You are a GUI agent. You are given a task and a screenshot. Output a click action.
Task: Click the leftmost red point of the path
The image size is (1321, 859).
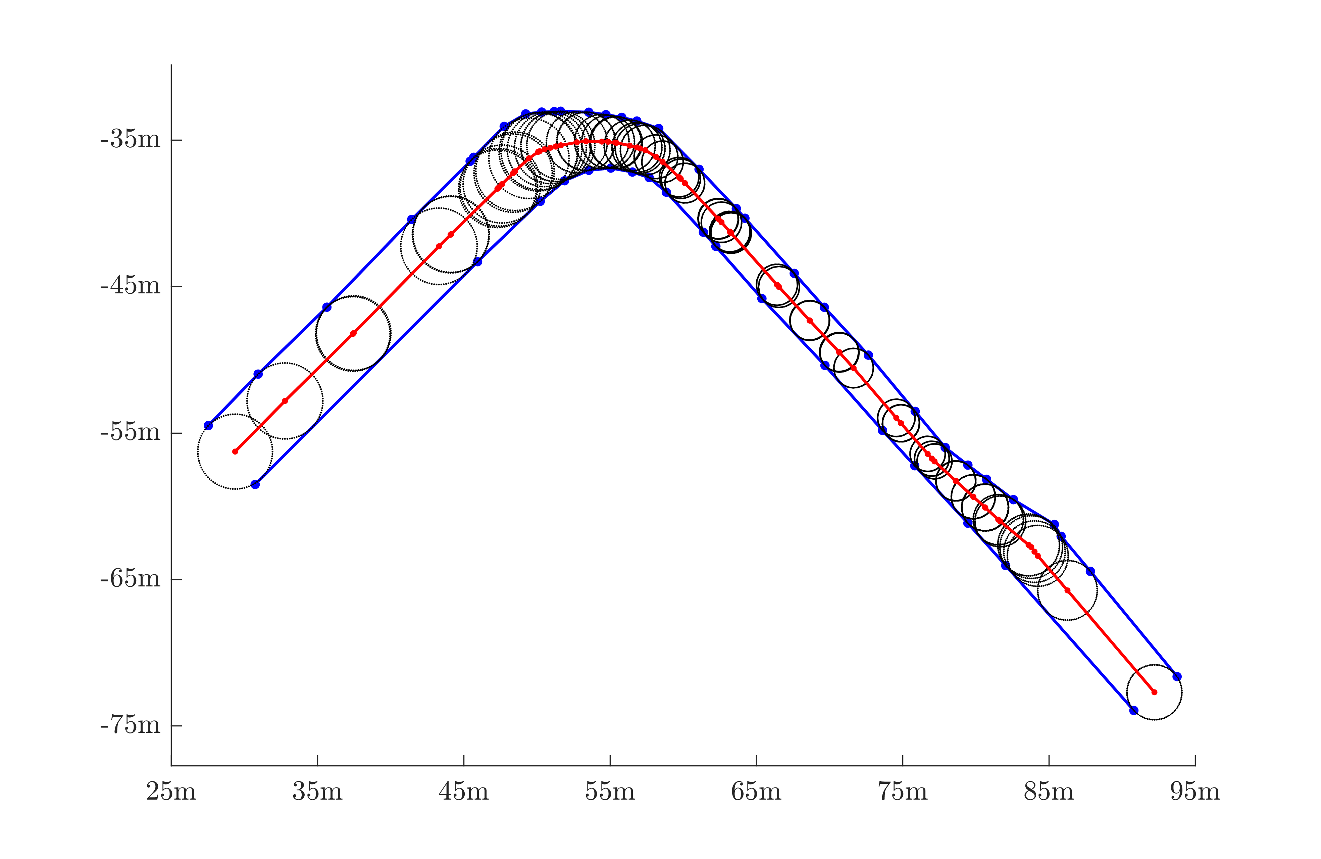(235, 451)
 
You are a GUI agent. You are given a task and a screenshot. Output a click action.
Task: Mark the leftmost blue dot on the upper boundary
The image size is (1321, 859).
(208, 425)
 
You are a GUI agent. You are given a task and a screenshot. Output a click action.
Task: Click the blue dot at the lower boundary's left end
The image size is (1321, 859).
(255, 484)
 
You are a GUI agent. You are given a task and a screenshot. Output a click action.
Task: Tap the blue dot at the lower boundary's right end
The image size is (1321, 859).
(1134, 710)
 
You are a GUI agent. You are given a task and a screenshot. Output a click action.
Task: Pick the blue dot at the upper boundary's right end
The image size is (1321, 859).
(1177, 676)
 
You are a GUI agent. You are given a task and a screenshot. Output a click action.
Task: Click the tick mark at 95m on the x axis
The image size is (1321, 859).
(1195, 760)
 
